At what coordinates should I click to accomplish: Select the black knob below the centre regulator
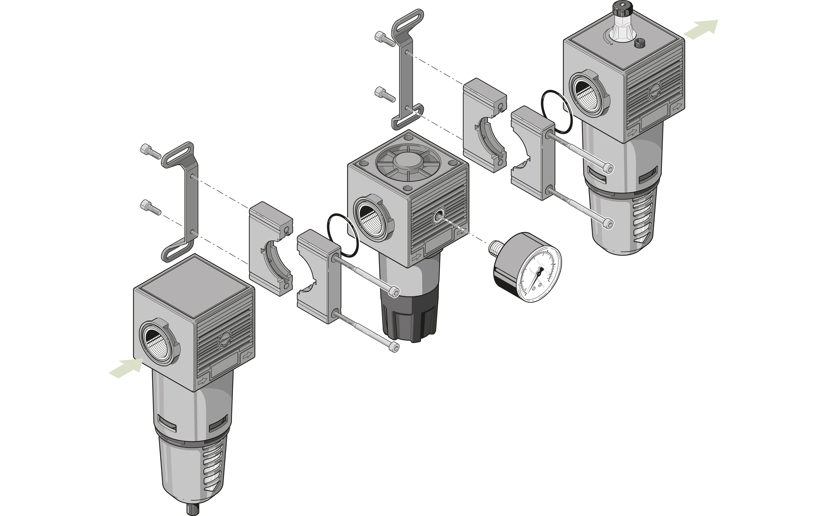pyautogui.click(x=410, y=319)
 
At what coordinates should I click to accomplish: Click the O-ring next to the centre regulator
pyautogui.click(x=343, y=236)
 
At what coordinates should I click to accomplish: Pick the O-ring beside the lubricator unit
pyautogui.click(x=556, y=112)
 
